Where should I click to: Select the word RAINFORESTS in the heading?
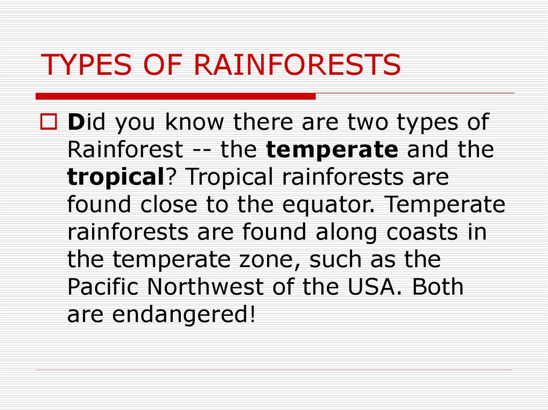point(296,65)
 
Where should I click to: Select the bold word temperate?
point(332,150)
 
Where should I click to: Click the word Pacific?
point(104,287)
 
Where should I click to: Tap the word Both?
point(437,287)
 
